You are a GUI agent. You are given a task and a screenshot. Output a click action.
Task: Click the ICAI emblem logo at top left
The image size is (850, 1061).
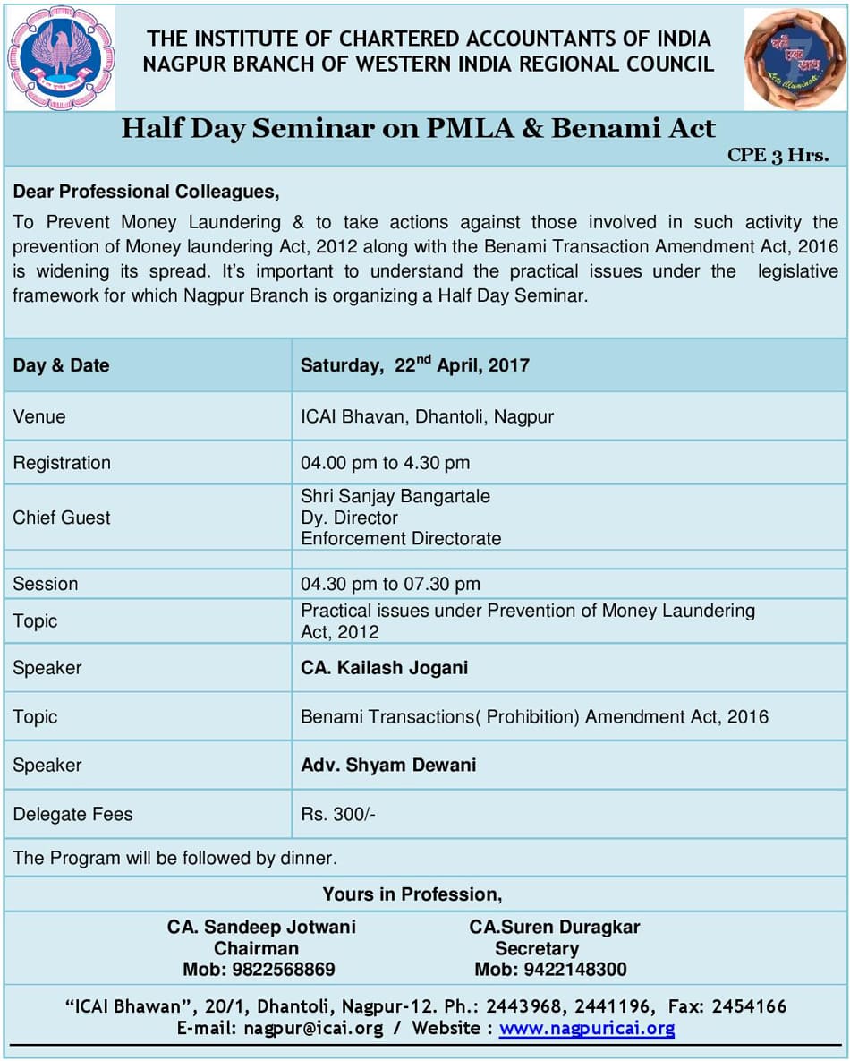(x=61, y=58)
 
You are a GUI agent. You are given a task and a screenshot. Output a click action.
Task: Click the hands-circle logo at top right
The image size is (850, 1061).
(x=795, y=59)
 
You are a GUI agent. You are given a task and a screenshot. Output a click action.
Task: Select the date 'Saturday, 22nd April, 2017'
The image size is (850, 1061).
(x=414, y=364)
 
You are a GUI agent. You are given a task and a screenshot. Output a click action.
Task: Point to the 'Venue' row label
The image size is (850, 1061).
(x=39, y=416)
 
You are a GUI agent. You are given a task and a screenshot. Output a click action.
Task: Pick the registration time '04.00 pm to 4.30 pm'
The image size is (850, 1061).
(x=385, y=463)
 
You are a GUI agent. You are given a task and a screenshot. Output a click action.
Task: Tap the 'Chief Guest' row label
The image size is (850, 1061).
(x=62, y=518)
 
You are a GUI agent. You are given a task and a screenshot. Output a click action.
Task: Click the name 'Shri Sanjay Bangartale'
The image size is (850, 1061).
(x=395, y=496)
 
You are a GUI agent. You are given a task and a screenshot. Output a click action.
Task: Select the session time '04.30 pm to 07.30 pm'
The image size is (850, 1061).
(x=390, y=584)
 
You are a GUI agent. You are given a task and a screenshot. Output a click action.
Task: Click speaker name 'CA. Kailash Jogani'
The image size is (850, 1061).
(x=384, y=668)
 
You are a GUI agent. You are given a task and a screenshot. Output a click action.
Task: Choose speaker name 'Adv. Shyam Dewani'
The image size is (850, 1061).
(x=388, y=765)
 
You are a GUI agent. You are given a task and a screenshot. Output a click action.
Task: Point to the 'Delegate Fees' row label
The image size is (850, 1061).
(x=72, y=814)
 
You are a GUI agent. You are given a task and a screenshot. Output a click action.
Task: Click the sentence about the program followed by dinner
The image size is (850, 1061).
(x=175, y=858)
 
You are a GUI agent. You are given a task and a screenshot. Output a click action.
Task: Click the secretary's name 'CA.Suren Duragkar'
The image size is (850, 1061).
(x=555, y=927)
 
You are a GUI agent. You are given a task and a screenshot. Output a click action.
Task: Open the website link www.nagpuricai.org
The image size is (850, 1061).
(x=587, y=1029)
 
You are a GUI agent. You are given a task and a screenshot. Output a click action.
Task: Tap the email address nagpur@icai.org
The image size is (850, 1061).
(x=312, y=1029)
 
